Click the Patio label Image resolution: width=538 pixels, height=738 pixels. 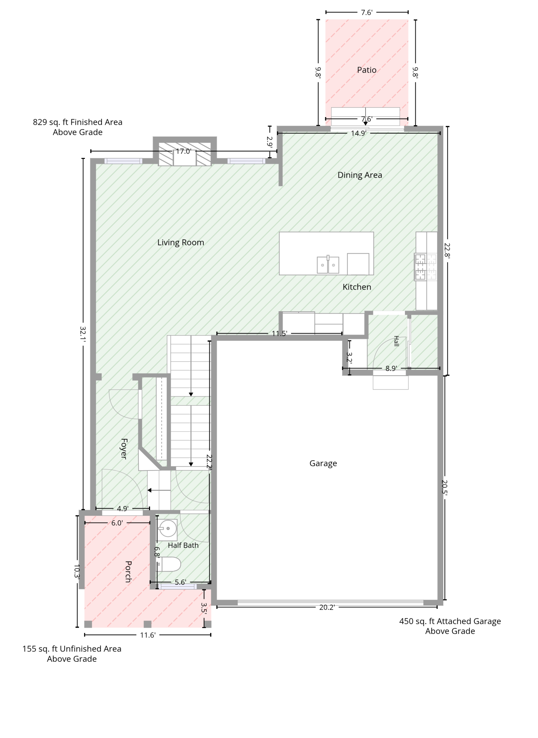[367, 70]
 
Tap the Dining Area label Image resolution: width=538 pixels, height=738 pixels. [359, 175]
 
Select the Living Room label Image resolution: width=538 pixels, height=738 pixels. [181, 242]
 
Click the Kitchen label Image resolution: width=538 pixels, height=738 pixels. [357, 287]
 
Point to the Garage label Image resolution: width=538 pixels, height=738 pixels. [323, 463]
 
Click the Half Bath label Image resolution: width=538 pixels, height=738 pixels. [183, 545]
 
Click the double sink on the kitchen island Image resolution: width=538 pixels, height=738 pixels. [328, 265]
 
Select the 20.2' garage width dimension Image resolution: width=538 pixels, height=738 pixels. [327, 607]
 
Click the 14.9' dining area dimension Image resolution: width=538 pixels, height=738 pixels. [358, 133]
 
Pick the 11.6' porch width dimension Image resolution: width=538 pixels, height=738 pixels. [148, 635]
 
